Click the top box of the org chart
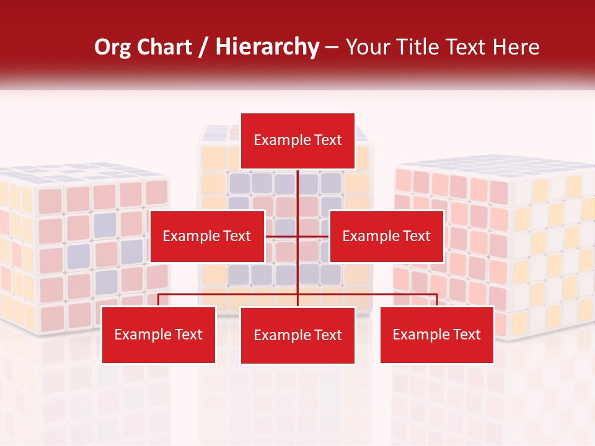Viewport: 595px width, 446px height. (297, 141)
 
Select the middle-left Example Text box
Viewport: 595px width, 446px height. (207, 236)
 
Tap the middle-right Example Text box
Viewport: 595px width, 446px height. (386, 236)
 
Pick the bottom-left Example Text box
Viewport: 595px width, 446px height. (158, 335)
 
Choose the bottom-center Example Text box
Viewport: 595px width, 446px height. (297, 335)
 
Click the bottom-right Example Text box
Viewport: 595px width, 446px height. (437, 335)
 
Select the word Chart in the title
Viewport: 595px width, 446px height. (165, 47)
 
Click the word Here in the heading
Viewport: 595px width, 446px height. (516, 47)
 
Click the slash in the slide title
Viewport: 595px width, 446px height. (204, 47)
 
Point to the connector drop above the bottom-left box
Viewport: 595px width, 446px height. (159, 300)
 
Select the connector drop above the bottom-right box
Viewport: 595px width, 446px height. (437, 300)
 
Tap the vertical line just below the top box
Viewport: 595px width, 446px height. (298, 186)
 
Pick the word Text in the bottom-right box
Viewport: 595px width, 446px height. (466, 335)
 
